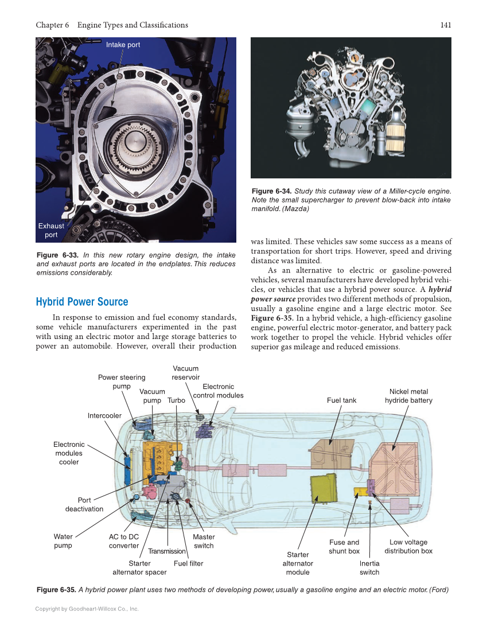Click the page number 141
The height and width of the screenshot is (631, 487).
pyautogui.click(x=445, y=25)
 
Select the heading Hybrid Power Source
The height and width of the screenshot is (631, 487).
pyautogui.click(x=82, y=302)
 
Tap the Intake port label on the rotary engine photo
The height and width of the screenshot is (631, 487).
pyautogui.click(x=123, y=45)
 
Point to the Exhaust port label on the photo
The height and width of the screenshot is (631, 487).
pyautogui.click(x=51, y=230)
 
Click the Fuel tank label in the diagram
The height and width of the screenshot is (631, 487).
pyautogui.click(x=341, y=400)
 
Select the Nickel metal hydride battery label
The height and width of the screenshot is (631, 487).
pyautogui.click(x=408, y=396)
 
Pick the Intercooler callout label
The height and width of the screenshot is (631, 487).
pyautogui.click(x=104, y=415)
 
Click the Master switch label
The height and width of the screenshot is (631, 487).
pyautogui.click(x=204, y=541)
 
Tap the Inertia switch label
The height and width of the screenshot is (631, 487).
pyautogui.click(x=369, y=567)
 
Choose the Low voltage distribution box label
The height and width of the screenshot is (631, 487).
pyautogui.click(x=408, y=546)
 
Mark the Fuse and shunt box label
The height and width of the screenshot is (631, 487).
pyautogui.click(x=344, y=546)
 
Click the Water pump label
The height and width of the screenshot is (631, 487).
pyautogui.click(x=63, y=541)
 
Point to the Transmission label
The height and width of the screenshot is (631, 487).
pyautogui.click(x=167, y=551)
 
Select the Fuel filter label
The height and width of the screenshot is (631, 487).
pyautogui.click(x=188, y=563)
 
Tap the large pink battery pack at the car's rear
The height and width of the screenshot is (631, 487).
pyautogui.click(x=395, y=468)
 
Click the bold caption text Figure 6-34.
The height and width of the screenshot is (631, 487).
pyautogui.click(x=272, y=191)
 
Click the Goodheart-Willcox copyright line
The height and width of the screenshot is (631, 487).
pyautogui.click(x=87, y=609)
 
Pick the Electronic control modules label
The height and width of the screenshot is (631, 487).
pyautogui.click(x=218, y=391)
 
